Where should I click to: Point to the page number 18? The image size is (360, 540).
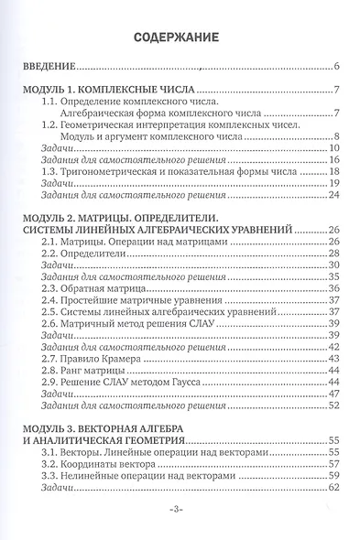(x=334, y=170)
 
